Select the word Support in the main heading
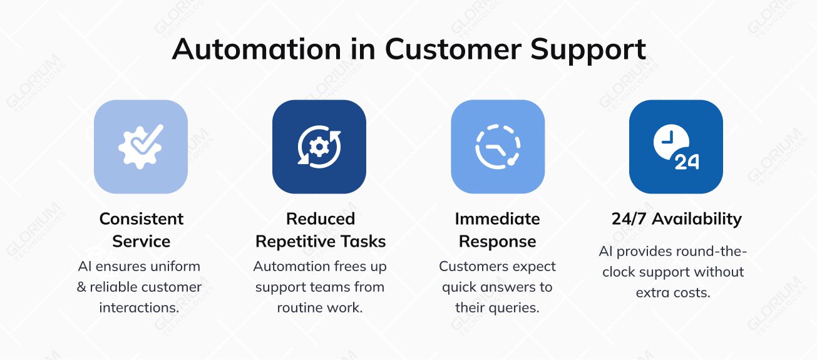(x=588, y=49)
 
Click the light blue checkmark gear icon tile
(x=141, y=147)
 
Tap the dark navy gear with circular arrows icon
(x=319, y=147)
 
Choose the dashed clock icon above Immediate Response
(x=498, y=147)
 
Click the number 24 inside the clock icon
(x=687, y=162)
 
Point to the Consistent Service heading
(x=141, y=230)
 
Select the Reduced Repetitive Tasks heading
(x=321, y=230)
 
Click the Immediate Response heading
(x=498, y=230)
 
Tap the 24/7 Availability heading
(x=676, y=219)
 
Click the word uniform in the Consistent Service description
(x=175, y=266)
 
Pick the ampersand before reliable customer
(x=81, y=287)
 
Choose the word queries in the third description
(x=516, y=308)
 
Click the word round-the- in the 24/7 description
(x=711, y=251)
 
